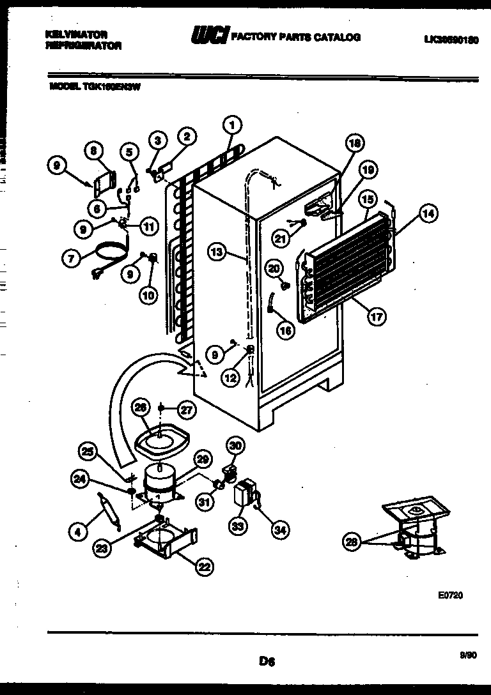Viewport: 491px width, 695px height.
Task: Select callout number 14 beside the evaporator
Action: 428,215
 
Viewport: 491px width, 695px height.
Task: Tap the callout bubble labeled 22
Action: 205,565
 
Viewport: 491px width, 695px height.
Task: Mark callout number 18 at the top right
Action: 354,144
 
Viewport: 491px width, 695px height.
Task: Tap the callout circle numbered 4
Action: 77,530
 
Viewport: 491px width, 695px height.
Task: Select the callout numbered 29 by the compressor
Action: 203,459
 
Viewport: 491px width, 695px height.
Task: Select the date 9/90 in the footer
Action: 469,653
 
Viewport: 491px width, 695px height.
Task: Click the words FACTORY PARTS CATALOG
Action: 295,38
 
